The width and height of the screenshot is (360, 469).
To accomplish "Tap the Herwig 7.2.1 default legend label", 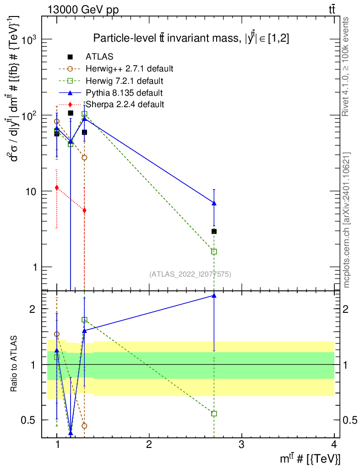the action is pyautogui.click(x=125, y=81).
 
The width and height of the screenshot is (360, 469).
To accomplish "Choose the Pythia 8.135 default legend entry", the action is pyautogui.click(x=124, y=93).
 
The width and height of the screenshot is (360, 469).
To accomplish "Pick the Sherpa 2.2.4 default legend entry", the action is pyautogui.click(x=125, y=104).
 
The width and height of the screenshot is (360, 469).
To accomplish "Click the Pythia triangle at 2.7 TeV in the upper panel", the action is pyautogui.click(x=214, y=203).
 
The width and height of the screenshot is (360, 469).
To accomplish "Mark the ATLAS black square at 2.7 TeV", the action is pyautogui.click(x=214, y=231).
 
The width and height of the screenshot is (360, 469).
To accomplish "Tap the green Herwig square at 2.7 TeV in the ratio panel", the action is pyautogui.click(x=214, y=414).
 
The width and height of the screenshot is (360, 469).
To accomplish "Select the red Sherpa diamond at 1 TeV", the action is pyautogui.click(x=57, y=187).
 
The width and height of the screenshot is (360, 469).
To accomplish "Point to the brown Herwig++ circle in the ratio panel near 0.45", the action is pyautogui.click(x=84, y=425).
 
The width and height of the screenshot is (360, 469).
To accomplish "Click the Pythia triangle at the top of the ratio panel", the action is pyautogui.click(x=214, y=295).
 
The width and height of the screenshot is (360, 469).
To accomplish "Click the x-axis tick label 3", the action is pyautogui.click(x=241, y=444).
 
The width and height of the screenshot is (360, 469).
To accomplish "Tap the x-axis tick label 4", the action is pyautogui.click(x=334, y=444).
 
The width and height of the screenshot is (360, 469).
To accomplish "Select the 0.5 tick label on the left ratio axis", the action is pyautogui.click(x=28, y=420).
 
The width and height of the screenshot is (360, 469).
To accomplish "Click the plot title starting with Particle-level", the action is pyautogui.click(x=191, y=38).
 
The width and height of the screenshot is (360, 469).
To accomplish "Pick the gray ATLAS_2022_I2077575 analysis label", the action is pyautogui.click(x=190, y=274).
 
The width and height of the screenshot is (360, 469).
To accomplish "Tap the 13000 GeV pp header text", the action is pyautogui.click(x=83, y=10).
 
